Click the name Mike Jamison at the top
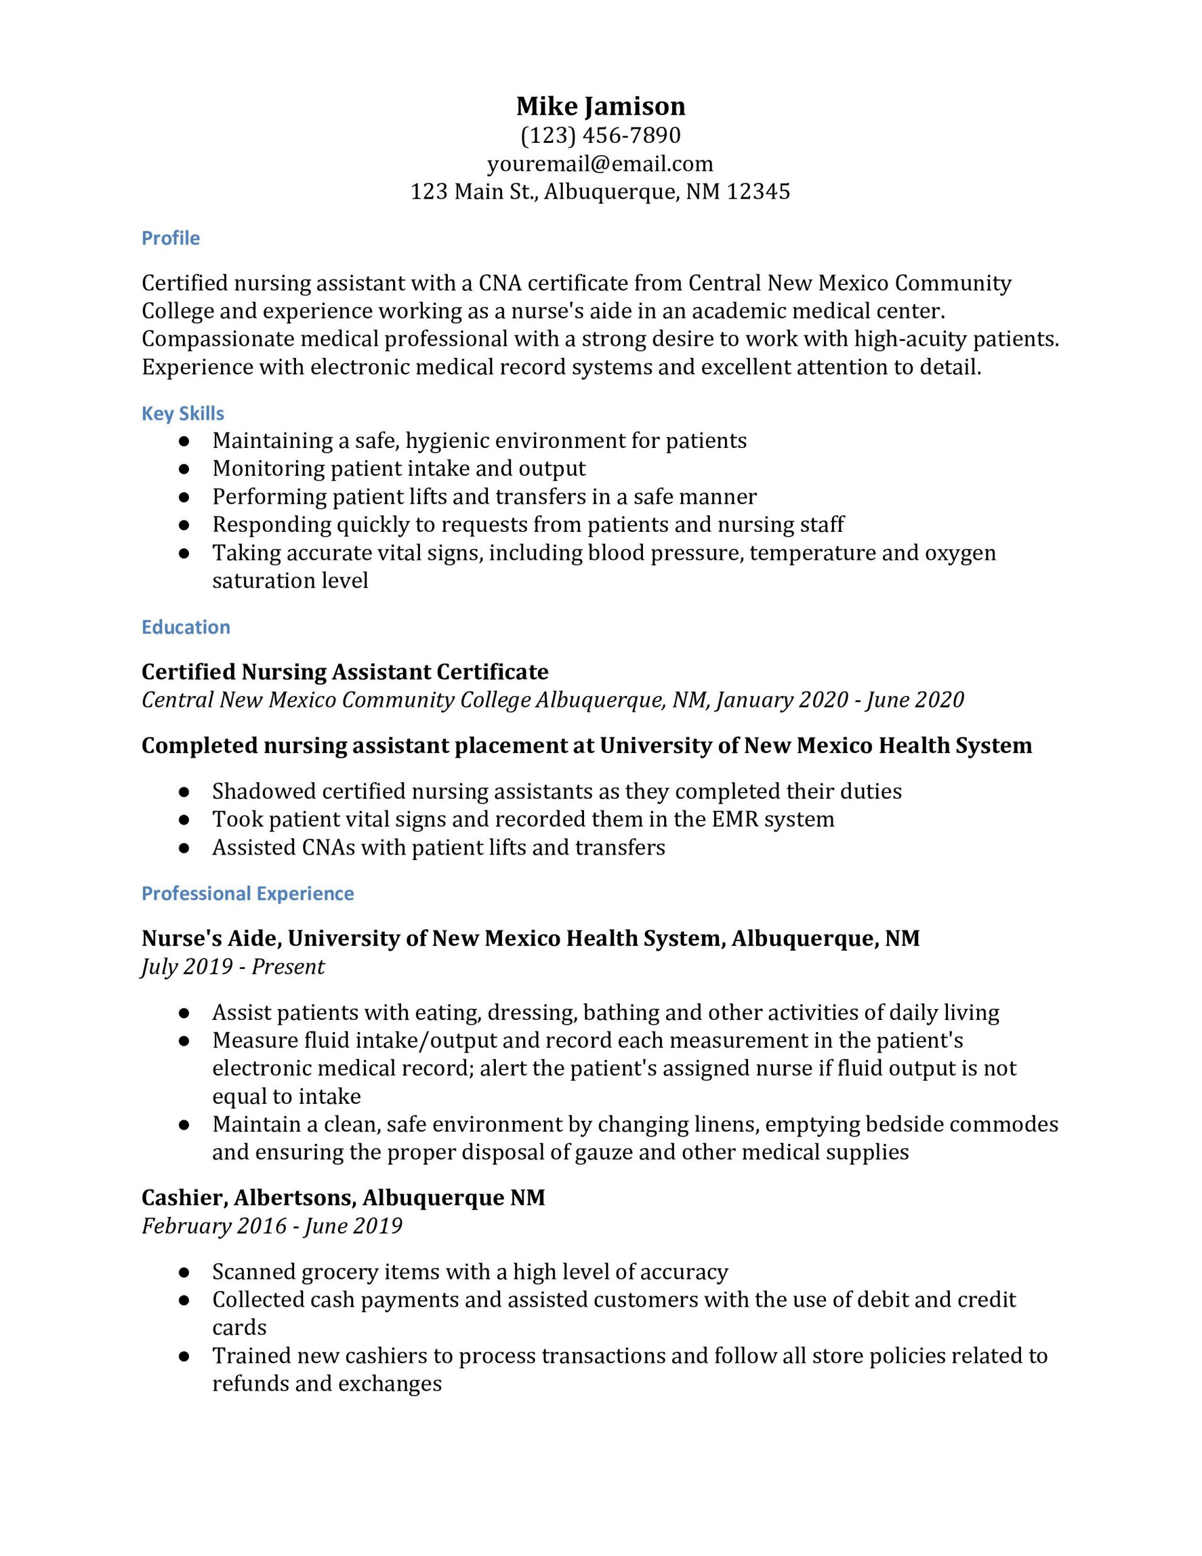tap(600, 106)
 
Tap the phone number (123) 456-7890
tap(600, 135)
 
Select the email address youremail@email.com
tap(600, 164)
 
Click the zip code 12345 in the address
tap(758, 191)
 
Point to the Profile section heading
tap(170, 238)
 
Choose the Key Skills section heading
tap(182, 413)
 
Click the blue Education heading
tap(186, 627)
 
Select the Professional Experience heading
tap(247, 893)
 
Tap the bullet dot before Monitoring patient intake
tap(184, 469)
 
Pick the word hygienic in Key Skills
tap(447, 441)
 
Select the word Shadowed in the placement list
tap(264, 791)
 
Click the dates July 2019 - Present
tap(233, 967)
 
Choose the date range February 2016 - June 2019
tap(272, 1226)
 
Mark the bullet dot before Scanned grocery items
tap(184, 1272)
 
